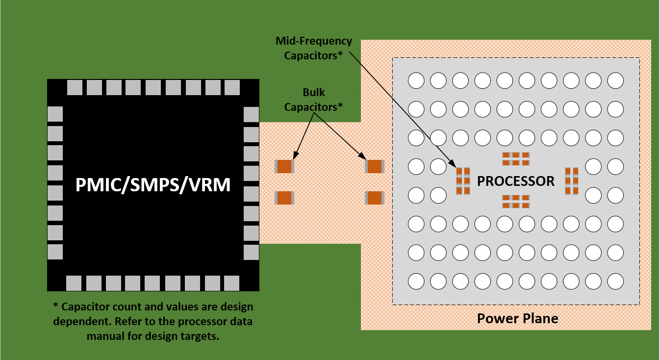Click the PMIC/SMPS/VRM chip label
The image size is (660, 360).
click(x=153, y=185)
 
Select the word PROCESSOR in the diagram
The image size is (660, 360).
click(x=516, y=181)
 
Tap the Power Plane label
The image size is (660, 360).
click(x=517, y=319)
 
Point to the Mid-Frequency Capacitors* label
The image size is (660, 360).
click(x=313, y=48)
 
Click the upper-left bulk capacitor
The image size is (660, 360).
click(x=284, y=166)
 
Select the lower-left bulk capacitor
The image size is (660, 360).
click(x=284, y=198)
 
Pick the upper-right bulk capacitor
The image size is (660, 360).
click(x=375, y=166)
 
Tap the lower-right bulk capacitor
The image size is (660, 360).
click(x=375, y=198)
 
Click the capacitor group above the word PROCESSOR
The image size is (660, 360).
click(x=516, y=158)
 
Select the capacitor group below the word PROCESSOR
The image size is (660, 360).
click(x=516, y=201)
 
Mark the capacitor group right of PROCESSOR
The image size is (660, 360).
click(x=571, y=180)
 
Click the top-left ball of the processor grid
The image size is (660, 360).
click(x=416, y=80)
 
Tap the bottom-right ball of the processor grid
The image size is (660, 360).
click(x=615, y=281)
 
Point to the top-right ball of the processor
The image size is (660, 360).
click(x=615, y=80)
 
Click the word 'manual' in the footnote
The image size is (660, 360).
click(x=103, y=336)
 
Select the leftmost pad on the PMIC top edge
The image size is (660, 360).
click(x=74, y=87)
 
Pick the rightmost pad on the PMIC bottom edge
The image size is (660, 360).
click(x=231, y=283)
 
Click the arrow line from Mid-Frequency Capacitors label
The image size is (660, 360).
click(x=402, y=108)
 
